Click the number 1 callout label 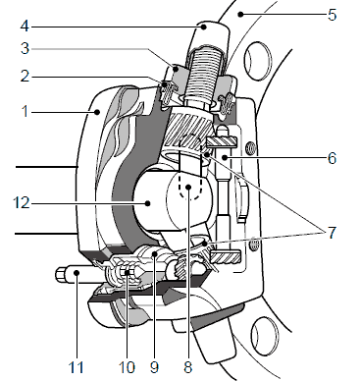(25, 112)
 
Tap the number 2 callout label (25, 77)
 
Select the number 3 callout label (25, 48)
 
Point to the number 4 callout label (25, 27)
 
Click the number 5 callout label (332, 15)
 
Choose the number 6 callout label (332, 158)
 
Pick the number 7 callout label (332, 233)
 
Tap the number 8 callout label (187, 367)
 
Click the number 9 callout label (154, 367)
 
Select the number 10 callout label (127, 367)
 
